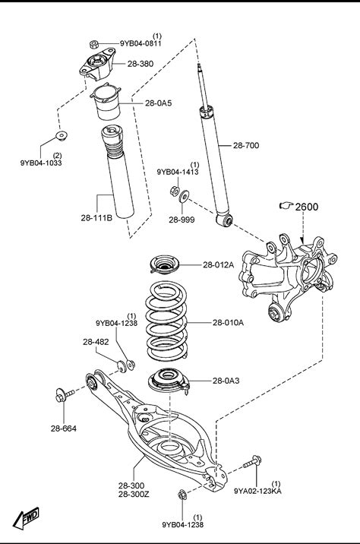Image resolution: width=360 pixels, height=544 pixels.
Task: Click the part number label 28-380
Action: pyautogui.click(x=141, y=64)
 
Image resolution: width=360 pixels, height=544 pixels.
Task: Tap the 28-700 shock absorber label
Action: pyautogui.click(x=246, y=145)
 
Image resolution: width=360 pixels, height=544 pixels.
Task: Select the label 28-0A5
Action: pyautogui.click(x=158, y=103)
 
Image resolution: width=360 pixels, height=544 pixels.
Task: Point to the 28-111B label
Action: pyautogui.click(x=96, y=218)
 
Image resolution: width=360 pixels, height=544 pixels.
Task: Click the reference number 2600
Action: pyautogui.click(x=307, y=207)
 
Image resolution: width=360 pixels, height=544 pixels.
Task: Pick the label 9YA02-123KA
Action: pyautogui.click(x=257, y=491)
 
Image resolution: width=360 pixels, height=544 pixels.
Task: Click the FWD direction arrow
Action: pyautogui.click(x=26, y=517)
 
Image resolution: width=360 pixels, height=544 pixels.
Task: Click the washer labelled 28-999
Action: pyautogui.click(x=184, y=197)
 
